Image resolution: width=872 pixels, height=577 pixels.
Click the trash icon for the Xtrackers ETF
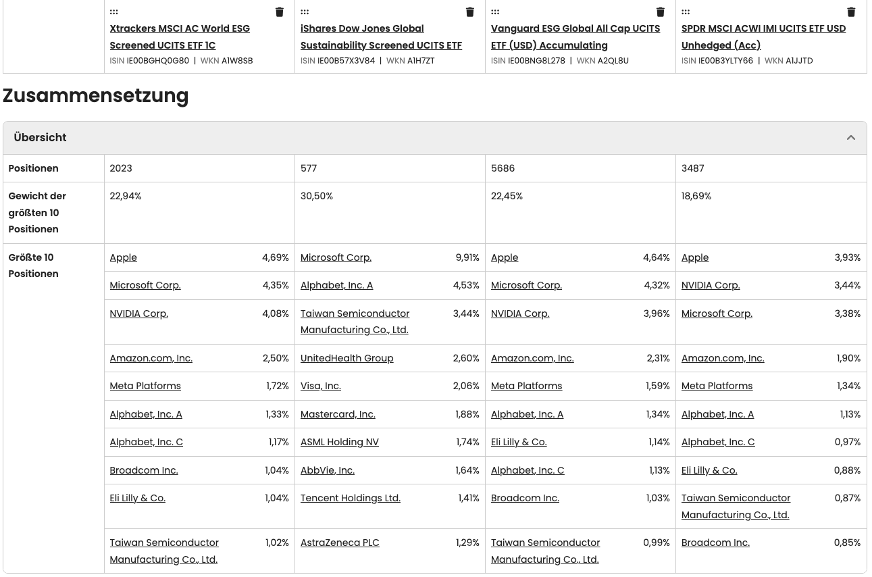280,12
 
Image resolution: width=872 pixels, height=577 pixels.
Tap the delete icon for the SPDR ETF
851,12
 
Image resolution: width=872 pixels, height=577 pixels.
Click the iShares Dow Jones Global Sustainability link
381,37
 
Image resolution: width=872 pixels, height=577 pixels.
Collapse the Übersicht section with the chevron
851,138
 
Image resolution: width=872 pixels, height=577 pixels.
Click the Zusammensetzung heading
96,96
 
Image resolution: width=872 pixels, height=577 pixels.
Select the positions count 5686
503,168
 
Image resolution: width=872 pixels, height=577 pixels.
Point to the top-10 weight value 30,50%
317,196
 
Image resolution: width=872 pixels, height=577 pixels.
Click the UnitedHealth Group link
347,358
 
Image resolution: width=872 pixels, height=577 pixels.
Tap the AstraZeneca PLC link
340,543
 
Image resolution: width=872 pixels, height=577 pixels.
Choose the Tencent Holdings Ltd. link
351,498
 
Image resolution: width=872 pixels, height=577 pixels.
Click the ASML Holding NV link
340,442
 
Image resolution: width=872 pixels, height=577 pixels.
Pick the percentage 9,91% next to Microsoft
467,257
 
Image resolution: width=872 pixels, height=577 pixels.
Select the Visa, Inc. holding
321,386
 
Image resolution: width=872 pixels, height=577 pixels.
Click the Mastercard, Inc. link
338,414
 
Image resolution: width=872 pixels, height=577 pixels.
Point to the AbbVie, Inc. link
328,470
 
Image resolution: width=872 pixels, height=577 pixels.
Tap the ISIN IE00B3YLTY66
725,61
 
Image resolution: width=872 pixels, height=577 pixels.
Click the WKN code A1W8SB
237,61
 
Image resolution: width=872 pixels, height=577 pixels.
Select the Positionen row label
34,168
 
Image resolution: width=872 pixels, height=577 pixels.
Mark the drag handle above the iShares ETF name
305,12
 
